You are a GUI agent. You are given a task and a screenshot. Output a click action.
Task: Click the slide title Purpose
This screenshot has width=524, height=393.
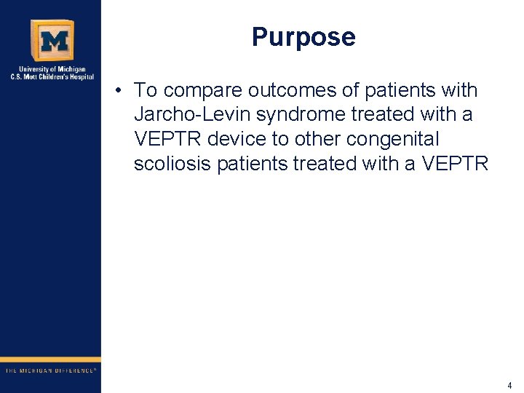pyautogui.click(x=303, y=37)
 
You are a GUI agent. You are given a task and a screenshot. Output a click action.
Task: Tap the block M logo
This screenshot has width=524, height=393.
pyautogui.click(x=52, y=41)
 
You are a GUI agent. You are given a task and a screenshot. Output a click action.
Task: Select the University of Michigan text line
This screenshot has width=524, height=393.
pyautogui.click(x=50, y=70)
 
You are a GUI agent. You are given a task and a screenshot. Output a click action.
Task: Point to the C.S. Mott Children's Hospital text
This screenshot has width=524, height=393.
pyautogui.click(x=50, y=77)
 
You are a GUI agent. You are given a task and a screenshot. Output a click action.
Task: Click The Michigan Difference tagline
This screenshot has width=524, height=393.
pyautogui.click(x=50, y=370)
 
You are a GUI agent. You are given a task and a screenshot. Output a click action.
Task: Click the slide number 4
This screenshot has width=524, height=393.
pyautogui.click(x=509, y=385)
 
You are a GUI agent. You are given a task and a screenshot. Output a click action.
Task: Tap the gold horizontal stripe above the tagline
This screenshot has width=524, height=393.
pyautogui.click(x=50, y=360)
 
